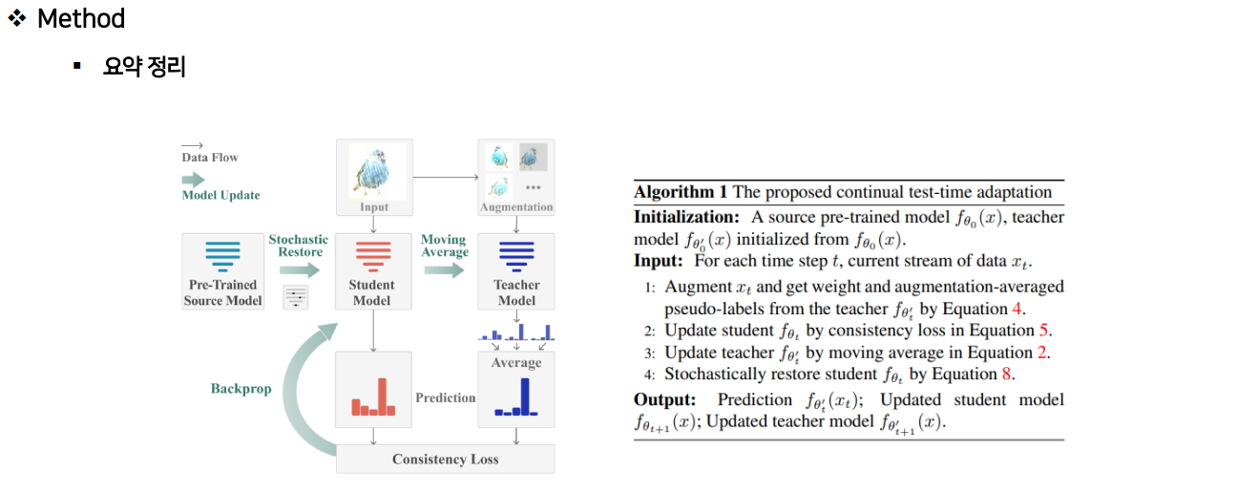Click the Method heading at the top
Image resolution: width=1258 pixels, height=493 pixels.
[x=80, y=19]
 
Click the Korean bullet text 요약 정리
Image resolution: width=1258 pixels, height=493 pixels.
[x=144, y=68]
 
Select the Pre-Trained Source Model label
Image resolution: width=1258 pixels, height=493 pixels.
[x=223, y=292]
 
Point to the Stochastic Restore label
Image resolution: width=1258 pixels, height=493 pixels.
[x=298, y=246]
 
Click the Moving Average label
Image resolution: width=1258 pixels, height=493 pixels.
[x=444, y=246]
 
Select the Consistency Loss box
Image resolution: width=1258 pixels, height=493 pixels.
[x=445, y=460]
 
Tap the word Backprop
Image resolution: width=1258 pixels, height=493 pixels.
[x=241, y=389]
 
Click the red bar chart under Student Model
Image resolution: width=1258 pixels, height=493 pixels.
[x=372, y=398]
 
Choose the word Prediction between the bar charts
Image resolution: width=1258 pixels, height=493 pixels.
[x=445, y=397]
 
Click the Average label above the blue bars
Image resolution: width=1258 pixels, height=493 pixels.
[x=515, y=363]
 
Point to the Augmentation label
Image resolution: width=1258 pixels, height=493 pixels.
[x=515, y=206]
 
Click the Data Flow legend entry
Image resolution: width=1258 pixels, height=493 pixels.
[x=210, y=158]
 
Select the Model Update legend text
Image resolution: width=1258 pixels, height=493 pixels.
[x=220, y=195]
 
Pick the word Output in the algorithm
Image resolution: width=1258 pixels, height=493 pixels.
[x=664, y=399]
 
